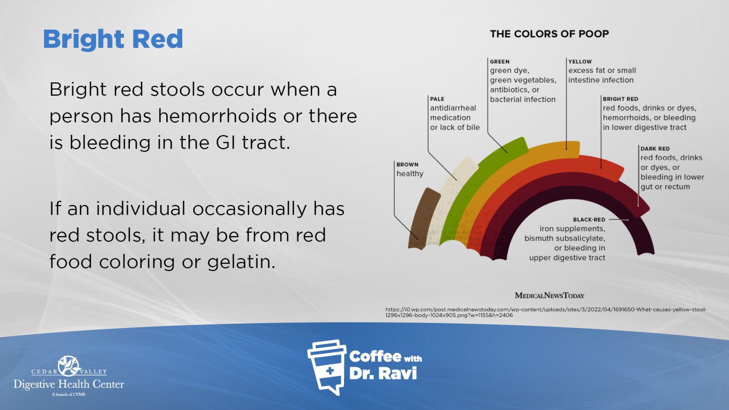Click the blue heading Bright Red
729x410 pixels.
(x=113, y=39)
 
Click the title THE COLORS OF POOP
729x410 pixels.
(x=549, y=34)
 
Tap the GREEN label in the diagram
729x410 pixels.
(x=499, y=61)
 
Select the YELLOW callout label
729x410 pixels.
(x=580, y=61)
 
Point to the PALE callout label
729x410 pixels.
(x=437, y=99)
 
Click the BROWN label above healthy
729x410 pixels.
(x=407, y=164)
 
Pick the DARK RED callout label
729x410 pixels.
(x=655, y=149)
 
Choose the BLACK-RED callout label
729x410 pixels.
(x=589, y=220)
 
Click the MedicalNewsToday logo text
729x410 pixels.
(x=549, y=296)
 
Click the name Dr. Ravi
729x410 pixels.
(x=383, y=373)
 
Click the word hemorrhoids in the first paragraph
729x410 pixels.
(x=217, y=116)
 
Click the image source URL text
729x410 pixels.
(x=546, y=313)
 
